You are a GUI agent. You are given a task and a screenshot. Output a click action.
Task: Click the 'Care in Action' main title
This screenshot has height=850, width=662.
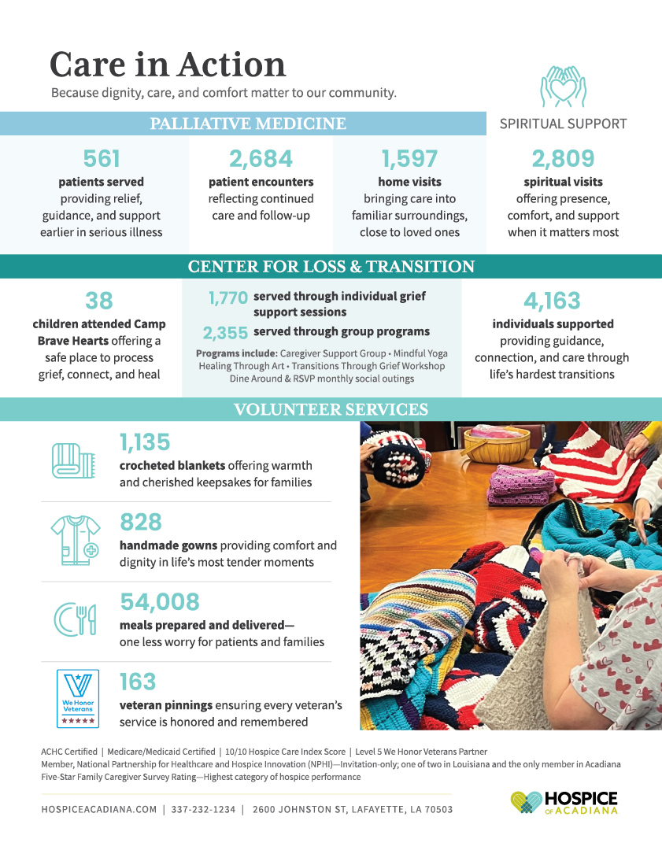pos(168,65)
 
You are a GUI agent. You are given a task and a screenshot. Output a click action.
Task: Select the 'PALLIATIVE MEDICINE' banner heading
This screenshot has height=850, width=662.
pos(248,124)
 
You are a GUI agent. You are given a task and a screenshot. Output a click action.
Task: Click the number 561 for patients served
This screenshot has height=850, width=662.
pos(102,159)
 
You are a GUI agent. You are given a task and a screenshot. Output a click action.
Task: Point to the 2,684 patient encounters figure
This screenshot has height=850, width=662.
pos(261,159)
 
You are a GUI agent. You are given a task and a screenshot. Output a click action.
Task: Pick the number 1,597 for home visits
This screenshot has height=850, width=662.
pos(409,159)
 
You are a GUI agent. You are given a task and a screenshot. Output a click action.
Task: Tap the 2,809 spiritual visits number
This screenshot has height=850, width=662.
pos(563,159)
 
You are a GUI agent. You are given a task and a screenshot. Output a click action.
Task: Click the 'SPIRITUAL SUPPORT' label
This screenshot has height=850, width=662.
pos(563,124)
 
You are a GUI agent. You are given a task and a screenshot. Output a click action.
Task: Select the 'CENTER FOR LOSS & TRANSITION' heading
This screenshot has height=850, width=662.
pos(331,267)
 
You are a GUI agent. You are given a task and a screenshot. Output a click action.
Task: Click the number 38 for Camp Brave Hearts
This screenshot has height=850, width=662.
pos(99,301)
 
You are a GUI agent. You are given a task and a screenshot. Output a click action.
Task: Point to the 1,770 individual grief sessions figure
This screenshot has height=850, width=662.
pos(228,298)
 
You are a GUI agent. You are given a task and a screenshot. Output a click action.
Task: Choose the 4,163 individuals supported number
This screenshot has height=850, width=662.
pos(552,301)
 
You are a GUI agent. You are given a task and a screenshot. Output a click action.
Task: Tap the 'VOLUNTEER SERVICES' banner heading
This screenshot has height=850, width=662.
pos(331,409)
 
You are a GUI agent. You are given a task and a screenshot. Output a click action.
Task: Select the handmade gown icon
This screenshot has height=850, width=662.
pos(76,540)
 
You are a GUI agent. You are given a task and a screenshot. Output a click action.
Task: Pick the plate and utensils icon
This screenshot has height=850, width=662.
pos(75,619)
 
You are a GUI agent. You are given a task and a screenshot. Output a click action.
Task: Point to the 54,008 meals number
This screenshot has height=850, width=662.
pos(160,602)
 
